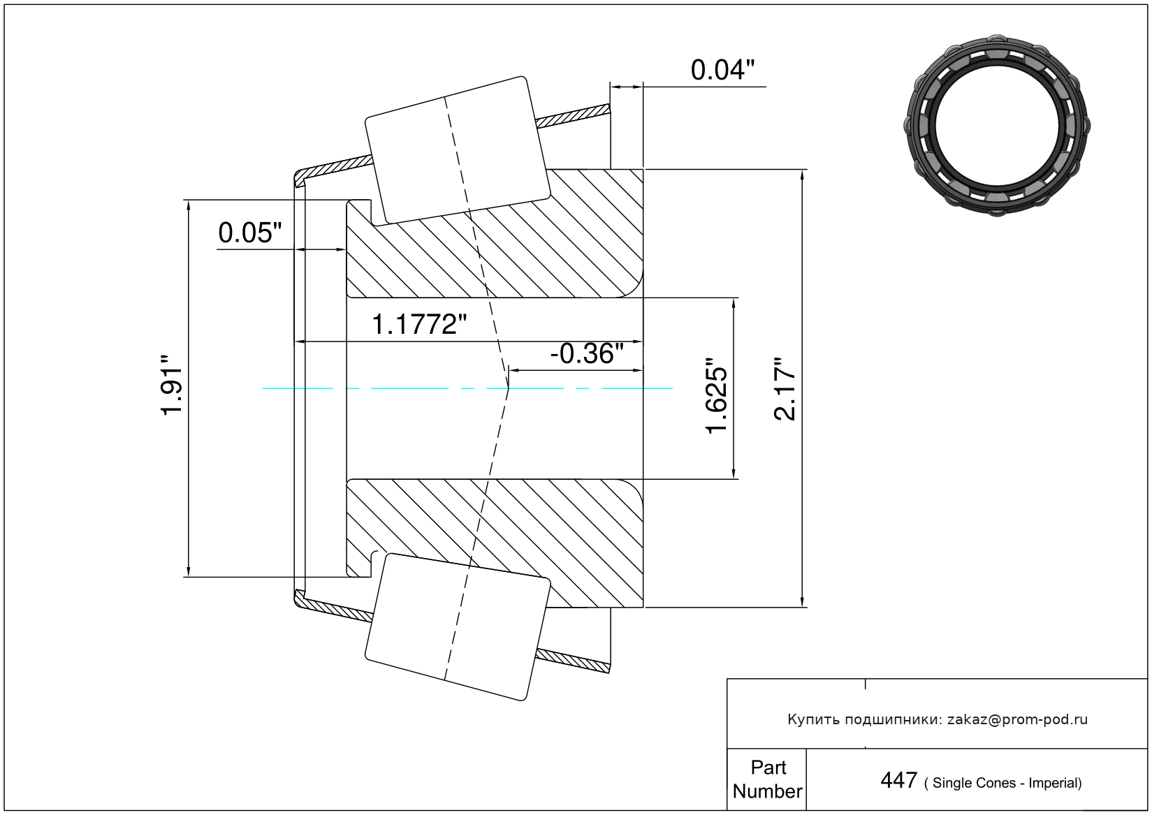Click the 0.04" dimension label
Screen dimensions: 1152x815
[722, 70]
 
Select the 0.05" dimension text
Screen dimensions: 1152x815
[250, 233]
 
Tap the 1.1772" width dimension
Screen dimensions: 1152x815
[418, 325]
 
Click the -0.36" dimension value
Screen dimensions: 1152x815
[587, 353]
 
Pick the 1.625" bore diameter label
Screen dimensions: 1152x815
[716, 395]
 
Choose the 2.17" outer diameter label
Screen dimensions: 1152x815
[785, 389]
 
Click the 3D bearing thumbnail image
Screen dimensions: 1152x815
[997, 126]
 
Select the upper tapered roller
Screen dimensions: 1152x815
[458, 150]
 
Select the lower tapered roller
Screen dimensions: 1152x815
[458, 627]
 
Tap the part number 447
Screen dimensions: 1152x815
[898, 780]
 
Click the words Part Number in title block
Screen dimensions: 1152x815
[767, 779]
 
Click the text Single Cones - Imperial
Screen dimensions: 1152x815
[1003, 783]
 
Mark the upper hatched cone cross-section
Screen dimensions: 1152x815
[495, 233]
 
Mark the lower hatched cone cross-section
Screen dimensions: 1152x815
[495, 543]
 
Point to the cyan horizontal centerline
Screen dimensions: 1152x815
[467, 388]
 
